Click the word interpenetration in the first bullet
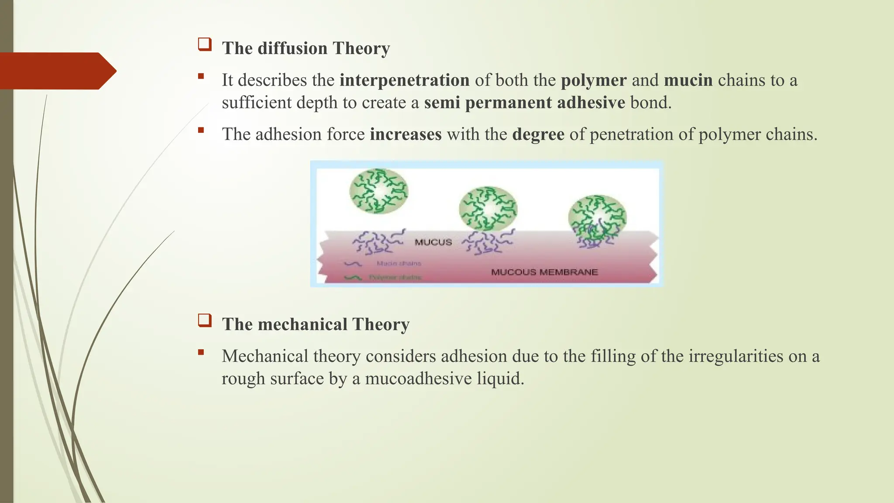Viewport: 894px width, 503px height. pyautogui.click(x=404, y=80)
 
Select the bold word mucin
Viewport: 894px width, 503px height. pyautogui.click(x=688, y=80)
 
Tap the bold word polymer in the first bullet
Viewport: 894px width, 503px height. pyautogui.click(x=594, y=80)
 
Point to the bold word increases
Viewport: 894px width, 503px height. pyautogui.click(x=406, y=134)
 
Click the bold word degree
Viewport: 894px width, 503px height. pyautogui.click(x=538, y=134)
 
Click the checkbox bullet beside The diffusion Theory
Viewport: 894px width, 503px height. pyautogui.click(x=205, y=45)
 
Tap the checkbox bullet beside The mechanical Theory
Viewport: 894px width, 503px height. pyautogui.click(x=205, y=321)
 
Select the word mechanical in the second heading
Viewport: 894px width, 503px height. pyautogui.click(x=303, y=324)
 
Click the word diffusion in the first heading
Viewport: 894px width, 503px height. pyautogui.click(x=292, y=48)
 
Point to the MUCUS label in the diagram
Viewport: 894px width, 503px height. pyautogui.click(x=433, y=242)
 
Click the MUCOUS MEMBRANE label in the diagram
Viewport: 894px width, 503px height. pyautogui.click(x=544, y=272)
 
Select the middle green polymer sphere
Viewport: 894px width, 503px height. pyautogui.click(x=488, y=208)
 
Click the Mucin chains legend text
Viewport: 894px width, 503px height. pyautogui.click(x=399, y=263)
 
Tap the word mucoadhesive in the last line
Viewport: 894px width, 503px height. pyautogui.click(x=418, y=379)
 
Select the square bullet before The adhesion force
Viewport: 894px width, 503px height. pyautogui.click(x=201, y=130)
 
